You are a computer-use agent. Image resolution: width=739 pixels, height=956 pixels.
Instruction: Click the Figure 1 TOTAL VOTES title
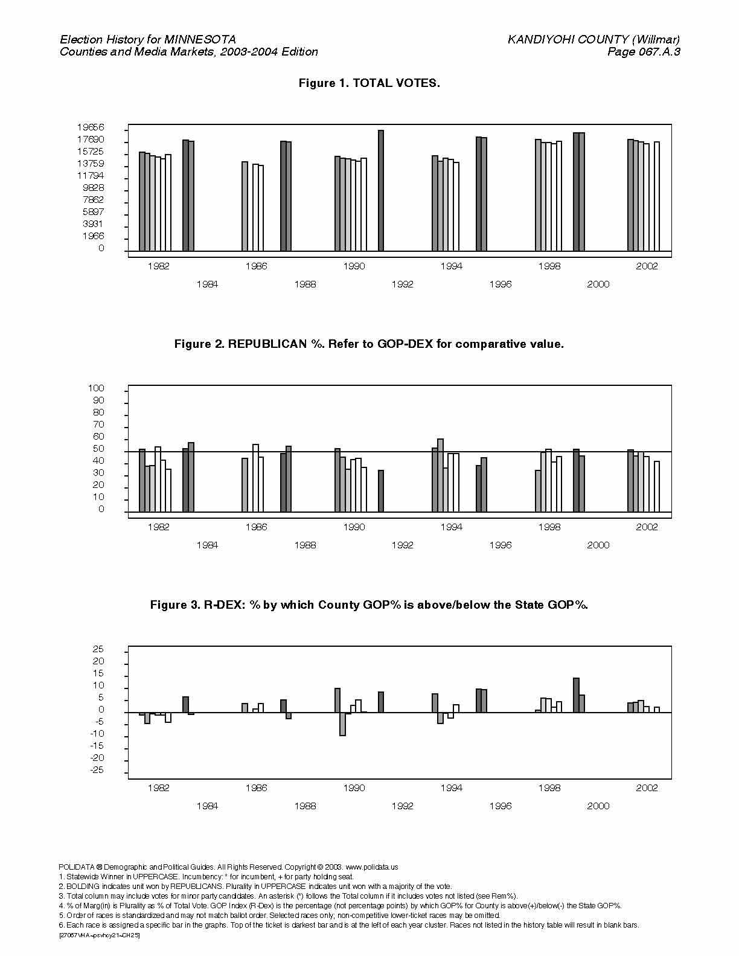pyautogui.click(x=369, y=83)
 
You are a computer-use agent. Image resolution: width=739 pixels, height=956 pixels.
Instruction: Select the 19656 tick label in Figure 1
pyautogui.click(x=91, y=127)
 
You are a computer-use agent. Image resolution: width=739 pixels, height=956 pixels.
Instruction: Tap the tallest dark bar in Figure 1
pyautogui.click(x=381, y=190)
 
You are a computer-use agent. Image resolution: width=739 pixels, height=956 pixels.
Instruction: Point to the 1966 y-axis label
pyautogui.click(x=93, y=236)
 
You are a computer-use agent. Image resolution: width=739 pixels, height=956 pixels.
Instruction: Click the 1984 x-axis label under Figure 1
pyautogui.click(x=207, y=284)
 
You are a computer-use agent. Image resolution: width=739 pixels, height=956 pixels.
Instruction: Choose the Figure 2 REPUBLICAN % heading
pyautogui.click(x=369, y=344)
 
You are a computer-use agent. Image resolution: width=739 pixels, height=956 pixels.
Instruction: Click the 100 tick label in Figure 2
pyautogui.click(x=96, y=388)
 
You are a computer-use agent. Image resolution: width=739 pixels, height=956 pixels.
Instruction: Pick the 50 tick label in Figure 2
pyautogui.click(x=98, y=449)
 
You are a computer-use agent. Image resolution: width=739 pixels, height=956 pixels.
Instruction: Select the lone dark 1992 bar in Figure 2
pyautogui.click(x=381, y=491)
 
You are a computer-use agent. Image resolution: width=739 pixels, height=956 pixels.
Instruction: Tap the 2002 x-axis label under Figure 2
pyautogui.click(x=647, y=527)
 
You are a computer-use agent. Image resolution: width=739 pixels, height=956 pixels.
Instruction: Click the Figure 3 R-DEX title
pyautogui.click(x=369, y=605)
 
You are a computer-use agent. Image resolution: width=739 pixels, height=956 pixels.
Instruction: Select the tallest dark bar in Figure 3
pyautogui.click(x=576, y=695)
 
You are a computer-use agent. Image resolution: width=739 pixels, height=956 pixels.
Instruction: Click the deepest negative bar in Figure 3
pyautogui.click(x=342, y=723)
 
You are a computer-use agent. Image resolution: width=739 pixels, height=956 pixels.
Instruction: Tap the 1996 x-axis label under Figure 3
pyautogui.click(x=501, y=806)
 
